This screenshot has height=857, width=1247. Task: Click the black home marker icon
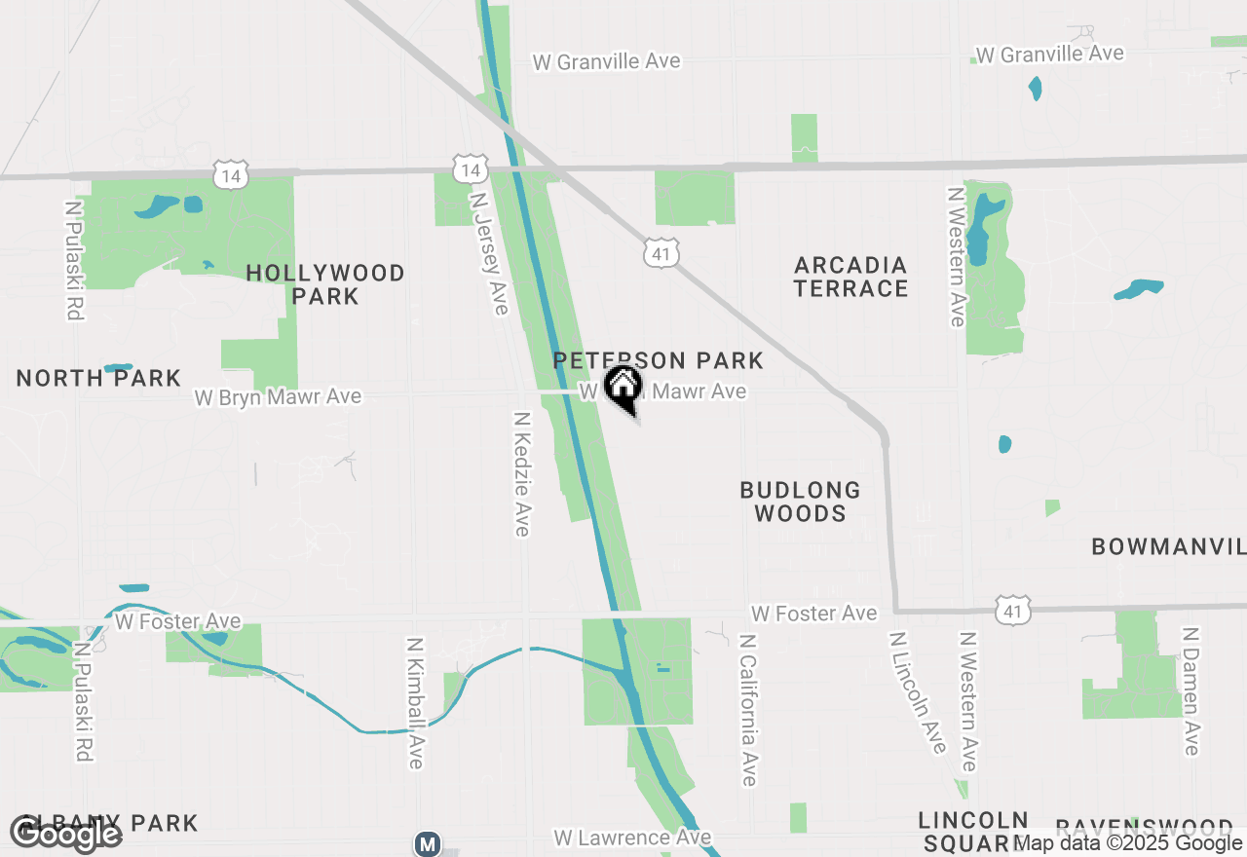623,388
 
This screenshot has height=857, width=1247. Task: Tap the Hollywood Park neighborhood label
325,284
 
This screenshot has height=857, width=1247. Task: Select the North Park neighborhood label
98,378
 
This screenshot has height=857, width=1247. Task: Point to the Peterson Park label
658,361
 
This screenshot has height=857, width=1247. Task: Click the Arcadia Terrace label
850,277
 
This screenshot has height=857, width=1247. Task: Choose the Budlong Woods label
800,502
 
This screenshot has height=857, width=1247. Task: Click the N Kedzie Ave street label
522,473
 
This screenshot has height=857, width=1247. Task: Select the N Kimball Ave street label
415,703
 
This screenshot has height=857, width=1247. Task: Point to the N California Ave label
747,710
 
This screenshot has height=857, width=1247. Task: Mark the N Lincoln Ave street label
917,692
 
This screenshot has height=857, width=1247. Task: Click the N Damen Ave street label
1190,690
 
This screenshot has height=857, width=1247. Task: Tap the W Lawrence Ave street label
632,838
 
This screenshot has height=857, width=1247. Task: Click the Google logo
66,834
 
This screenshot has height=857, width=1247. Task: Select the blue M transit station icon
427,843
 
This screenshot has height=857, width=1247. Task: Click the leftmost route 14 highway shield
231,175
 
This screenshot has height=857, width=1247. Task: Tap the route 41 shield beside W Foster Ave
1013,610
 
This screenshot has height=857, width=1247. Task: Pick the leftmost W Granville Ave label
606,61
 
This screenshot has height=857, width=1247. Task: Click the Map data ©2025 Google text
1129,843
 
